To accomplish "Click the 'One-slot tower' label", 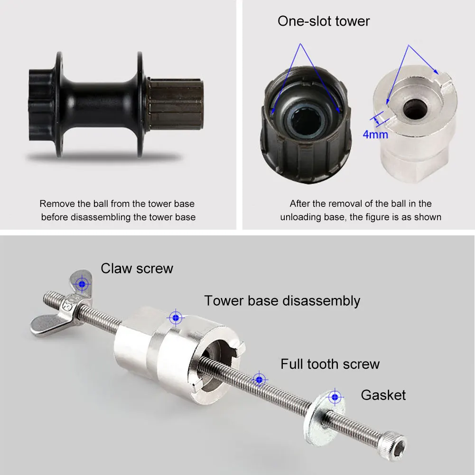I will coord(323,21).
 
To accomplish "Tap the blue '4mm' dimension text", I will coord(375,134).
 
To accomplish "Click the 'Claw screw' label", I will coord(137,269).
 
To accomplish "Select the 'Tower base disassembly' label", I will coord(282,301).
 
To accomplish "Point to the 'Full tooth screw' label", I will coord(330,364).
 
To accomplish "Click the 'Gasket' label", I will coord(383,395).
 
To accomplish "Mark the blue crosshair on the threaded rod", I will coord(259,379).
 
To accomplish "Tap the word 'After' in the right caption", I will coord(301,204).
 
